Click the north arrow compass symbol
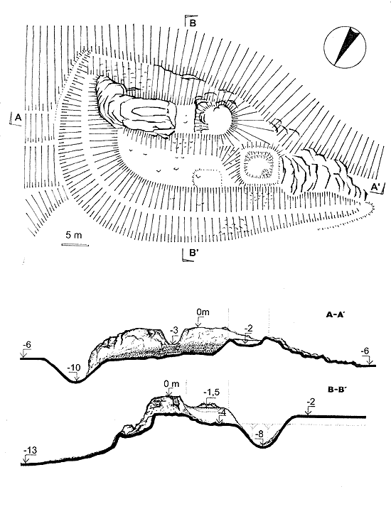tap(345, 48)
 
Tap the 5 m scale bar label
tap(73, 235)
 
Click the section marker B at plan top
tap(193, 23)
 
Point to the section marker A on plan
tap(18, 117)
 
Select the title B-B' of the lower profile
tap(338, 390)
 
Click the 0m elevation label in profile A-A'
tap(203, 312)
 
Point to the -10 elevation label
tap(74, 368)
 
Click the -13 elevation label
tap(31, 451)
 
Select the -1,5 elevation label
tap(212, 393)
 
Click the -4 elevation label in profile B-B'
tap(222, 412)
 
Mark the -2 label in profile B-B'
tap(311, 402)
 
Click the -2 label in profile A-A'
tap(249, 329)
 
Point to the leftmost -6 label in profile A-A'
tap(26, 345)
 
